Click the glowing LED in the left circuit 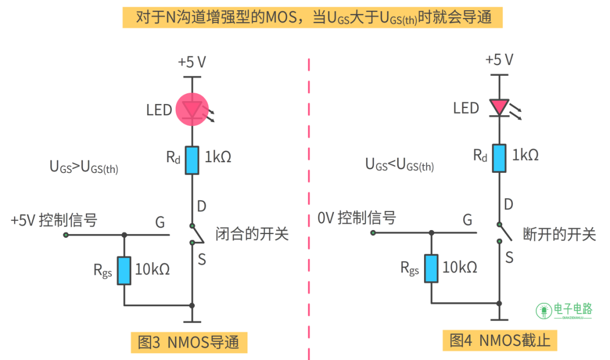pyautogui.click(x=193, y=110)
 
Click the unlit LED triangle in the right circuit pyautogui.click(x=499, y=106)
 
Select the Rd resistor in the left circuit pyautogui.click(x=193, y=160)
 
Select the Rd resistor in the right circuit pyautogui.click(x=499, y=158)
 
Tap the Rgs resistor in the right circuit pyautogui.click(x=431, y=268)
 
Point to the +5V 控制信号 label pyautogui.click(x=54, y=220)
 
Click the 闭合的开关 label pyautogui.click(x=252, y=233)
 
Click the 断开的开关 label pyautogui.click(x=559, y=233)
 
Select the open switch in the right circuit pyautogui.click(x=503, y=232)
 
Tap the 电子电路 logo pyautogui.click(x=564, y=310)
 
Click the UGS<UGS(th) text pyautogui.click(x=399, y=165)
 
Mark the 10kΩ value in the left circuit pyautogui.click(x=152, y=269)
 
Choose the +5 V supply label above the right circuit pyautogui.click(x=499, y=60)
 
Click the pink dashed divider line pyautogui.click(x=309, y=198)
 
